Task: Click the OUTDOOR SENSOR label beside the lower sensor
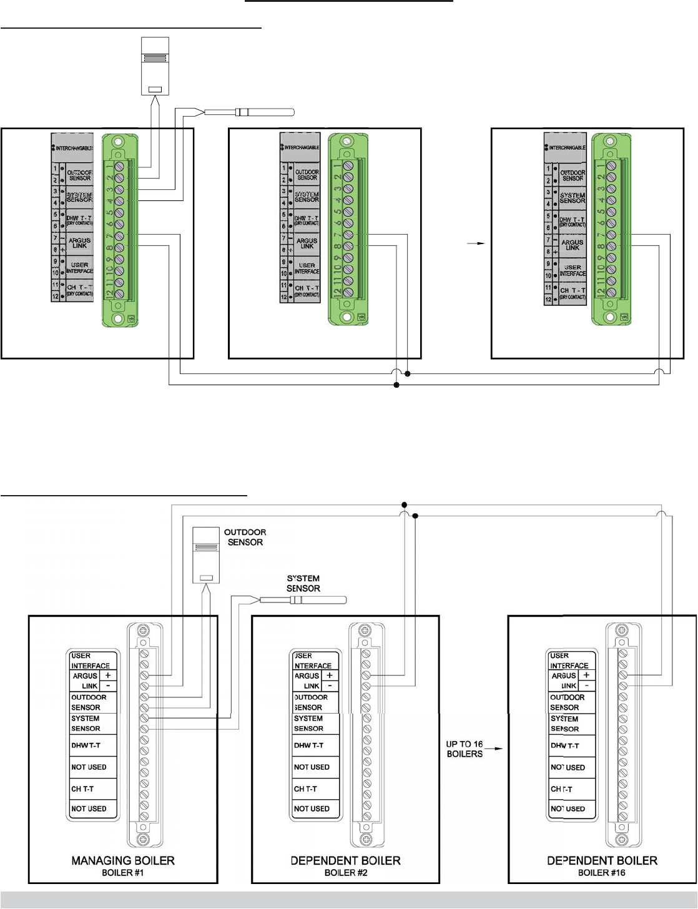[x=245, y=537]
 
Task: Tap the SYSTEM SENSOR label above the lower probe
[x=303, y=583]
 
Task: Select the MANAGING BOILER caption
[x=123, y=860]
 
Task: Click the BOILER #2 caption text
[x=346, y=872]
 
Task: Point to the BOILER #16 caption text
[x=601, y=872]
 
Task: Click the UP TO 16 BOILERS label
[x=465, y=749]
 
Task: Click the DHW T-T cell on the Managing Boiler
[x=85, y=745]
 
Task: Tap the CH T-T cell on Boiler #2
[x=305, y=789]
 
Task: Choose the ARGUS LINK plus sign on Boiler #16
[x=586, y=676]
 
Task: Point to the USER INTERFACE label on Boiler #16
[x=569, y=661]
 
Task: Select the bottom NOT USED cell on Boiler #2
[x=312, y=808]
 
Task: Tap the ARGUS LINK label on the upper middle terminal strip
[x=307, y=243]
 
